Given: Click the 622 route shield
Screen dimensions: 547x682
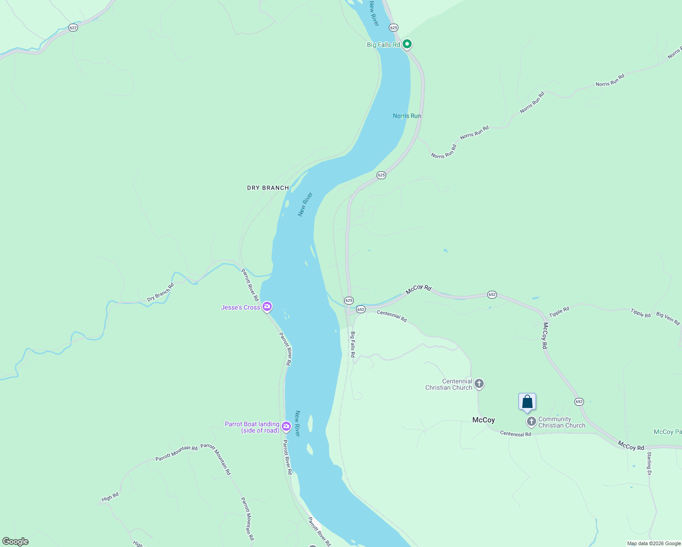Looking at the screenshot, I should tap(73, 28).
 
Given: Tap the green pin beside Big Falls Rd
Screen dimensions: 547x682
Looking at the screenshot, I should tap(407, 44).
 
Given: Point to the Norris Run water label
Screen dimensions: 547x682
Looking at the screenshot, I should tap(407, 116).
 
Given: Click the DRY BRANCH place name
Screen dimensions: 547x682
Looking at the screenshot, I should tap(268, 188).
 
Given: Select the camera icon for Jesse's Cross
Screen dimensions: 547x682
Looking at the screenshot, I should tap(267, 307).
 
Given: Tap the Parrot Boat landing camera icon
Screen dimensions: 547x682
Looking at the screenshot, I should tap(286, 427).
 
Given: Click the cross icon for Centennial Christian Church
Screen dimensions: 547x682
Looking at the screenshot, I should tap(479, 384).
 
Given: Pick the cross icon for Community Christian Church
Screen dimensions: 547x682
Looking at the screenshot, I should tap(531, 422).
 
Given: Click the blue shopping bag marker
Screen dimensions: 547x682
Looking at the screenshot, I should tap(527, 402).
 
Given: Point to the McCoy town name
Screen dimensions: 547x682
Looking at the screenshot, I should tap(483, 420).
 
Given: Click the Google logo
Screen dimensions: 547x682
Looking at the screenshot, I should tap(15, 542).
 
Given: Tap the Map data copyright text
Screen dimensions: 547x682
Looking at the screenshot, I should tap(653, 543).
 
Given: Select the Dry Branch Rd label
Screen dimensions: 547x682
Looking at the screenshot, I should tap(160, 293).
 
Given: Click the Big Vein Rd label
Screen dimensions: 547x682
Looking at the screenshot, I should tap(668, 318).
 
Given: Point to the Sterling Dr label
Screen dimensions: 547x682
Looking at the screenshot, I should tap(649, 464).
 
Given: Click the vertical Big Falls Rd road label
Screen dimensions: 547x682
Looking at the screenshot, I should tap(352, 344).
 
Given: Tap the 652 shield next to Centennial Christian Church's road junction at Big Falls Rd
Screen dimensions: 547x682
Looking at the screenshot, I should tap(361, 309).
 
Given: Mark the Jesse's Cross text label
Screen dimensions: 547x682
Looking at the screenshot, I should tap(240, 308).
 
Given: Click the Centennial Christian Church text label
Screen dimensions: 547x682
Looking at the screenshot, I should tap(449, 384).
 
